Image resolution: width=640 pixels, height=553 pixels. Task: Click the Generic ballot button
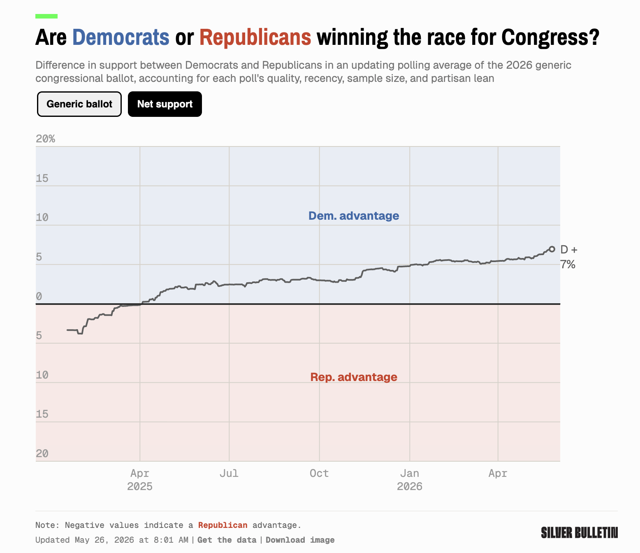point(79,104)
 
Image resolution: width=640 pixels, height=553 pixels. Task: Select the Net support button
point(165,104)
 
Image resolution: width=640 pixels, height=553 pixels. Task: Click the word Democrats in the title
point(121,37)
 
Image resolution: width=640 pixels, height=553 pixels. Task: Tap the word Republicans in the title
point(255,37)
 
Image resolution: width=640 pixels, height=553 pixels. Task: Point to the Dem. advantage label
point(354,216)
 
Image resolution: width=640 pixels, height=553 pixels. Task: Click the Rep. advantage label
point(354,377)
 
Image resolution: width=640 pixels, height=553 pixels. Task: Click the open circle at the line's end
point(552,249)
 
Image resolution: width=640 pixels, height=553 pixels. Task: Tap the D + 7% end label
point(569,257)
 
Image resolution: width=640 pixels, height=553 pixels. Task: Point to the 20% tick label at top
point(46,139)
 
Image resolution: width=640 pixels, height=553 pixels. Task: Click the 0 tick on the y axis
point(39,297)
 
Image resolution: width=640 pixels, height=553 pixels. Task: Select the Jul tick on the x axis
point(229,473)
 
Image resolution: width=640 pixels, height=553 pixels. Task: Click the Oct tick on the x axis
point(319,473)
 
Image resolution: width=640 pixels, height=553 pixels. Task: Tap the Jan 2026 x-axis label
point(410,480)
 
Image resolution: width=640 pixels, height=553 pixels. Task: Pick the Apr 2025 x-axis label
point(140,480)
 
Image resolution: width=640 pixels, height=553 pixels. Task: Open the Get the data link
point(227,540)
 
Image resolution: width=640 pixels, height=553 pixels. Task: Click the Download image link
point(300,540)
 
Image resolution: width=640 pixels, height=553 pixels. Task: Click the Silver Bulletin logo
point(579,533)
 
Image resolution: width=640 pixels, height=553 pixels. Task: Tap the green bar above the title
point(46,16)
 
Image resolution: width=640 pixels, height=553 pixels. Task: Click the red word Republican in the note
point(223,525)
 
